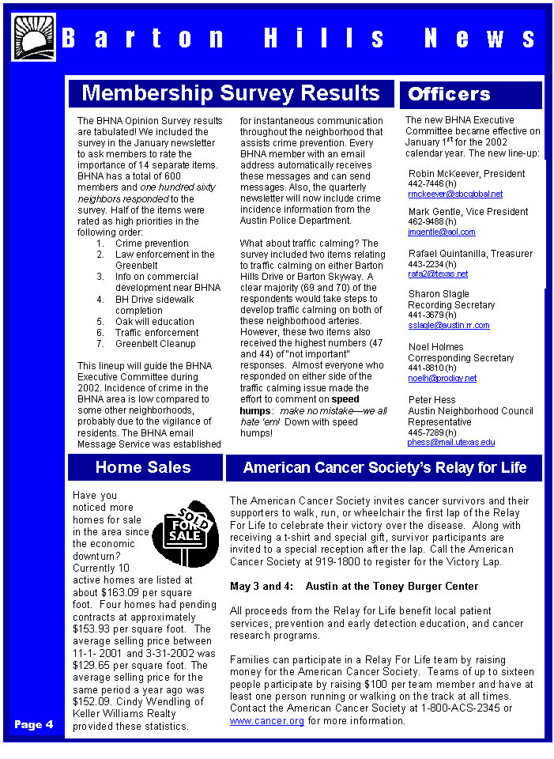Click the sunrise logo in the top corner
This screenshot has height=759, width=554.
pos(33,37)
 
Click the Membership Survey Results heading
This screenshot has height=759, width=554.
pos(231,93)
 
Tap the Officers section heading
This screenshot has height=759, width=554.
pos(449,94)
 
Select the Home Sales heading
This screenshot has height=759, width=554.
pos(143,467)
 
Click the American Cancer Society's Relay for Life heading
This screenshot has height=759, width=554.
pos(384,467)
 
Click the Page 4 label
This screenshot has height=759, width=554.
pos(33,724)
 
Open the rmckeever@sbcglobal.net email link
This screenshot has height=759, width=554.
pos(455,194)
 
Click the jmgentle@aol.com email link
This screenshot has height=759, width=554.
pos(442,232)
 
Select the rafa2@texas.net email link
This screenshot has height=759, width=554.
pos(438,274)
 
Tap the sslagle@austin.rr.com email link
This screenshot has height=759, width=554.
pos(448,325)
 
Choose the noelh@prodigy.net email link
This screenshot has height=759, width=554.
pos(442,378)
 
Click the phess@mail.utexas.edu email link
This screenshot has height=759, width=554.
pos(451,442)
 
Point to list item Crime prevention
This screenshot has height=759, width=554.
pos(152,244)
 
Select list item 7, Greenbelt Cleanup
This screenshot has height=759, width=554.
pos(155,344)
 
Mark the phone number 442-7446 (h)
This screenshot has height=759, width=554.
pos(432,183)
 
